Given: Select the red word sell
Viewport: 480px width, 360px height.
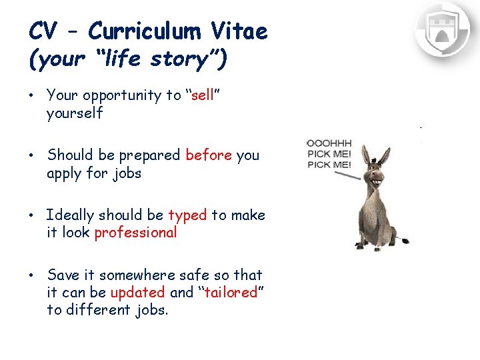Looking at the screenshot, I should [203, 95].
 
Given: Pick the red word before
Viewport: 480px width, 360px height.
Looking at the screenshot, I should [209, 155].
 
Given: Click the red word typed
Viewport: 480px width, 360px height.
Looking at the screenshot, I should [187, 215].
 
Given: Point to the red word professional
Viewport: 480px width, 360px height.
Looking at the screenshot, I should [135, 233].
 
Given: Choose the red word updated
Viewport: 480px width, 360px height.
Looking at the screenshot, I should [137, 293].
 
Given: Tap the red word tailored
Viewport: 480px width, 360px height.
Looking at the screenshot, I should [232, 293].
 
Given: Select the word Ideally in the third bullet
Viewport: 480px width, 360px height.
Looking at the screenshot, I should [70, 216].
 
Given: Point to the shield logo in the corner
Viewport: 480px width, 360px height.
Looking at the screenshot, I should [442, 29].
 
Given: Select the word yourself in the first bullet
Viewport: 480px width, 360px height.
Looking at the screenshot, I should [75, 114].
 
